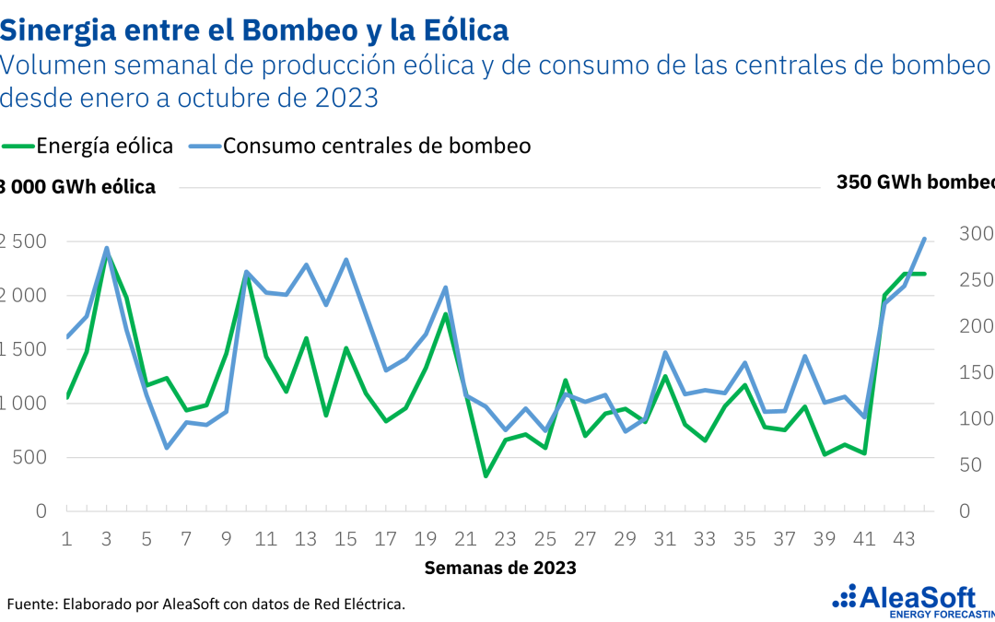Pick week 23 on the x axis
click(505, 538)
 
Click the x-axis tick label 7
click(186, 538)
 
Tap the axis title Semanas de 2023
click(500, 568)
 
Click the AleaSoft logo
click(912, 599)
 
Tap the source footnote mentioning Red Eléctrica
click(206, 604)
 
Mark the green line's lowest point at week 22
click(486, 475)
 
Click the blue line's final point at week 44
click(924, 239)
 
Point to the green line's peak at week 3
click(107, 252)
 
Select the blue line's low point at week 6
click(167, 448)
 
